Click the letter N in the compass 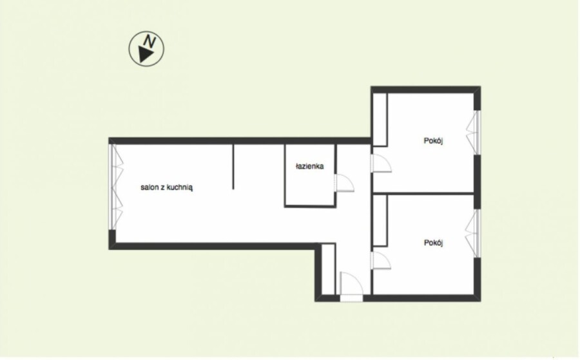(150, 41)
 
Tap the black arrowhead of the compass (145, 54)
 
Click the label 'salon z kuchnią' (166, 187)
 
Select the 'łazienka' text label (309, 166)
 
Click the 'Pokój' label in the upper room (433, 141)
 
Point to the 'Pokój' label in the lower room (433, 243)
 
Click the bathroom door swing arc (345, 183)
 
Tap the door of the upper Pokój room (381, 163)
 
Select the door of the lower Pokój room (381, 261)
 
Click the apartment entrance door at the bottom (351, 284)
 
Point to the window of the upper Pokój (474, 132)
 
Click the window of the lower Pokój (474, 233)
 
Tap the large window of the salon (117, 187)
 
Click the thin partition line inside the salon (233, 167)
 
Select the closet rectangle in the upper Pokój (380, 120)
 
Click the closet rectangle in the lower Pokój (380, 220)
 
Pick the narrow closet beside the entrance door (328, 269)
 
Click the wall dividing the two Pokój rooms (423, 193)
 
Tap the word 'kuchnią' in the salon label (180, 188)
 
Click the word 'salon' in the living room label (149, 187)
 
